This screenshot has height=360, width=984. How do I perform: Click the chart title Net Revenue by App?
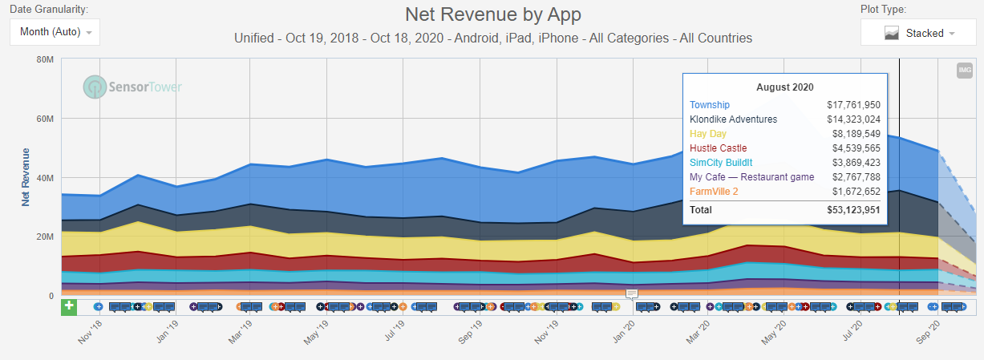click(492, 14)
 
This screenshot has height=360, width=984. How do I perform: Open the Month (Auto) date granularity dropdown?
click(55, 33)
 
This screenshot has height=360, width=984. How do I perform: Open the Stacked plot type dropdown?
click(919, 33)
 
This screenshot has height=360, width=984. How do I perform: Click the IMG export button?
click(964, 71)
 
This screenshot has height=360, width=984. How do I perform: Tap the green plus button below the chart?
click(69, 306)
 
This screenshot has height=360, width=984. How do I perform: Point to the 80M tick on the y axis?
click(45, 59)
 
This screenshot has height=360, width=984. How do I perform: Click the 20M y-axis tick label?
click(45, 237)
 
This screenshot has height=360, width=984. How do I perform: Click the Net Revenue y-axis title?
click(26, 177)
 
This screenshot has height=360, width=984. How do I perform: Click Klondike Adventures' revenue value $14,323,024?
click(853, 119)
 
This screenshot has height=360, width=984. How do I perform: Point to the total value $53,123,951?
click(853, 209)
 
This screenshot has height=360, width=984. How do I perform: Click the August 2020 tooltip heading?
click(784, 87)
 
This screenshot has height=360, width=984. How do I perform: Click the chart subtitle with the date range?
click(492, 38)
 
